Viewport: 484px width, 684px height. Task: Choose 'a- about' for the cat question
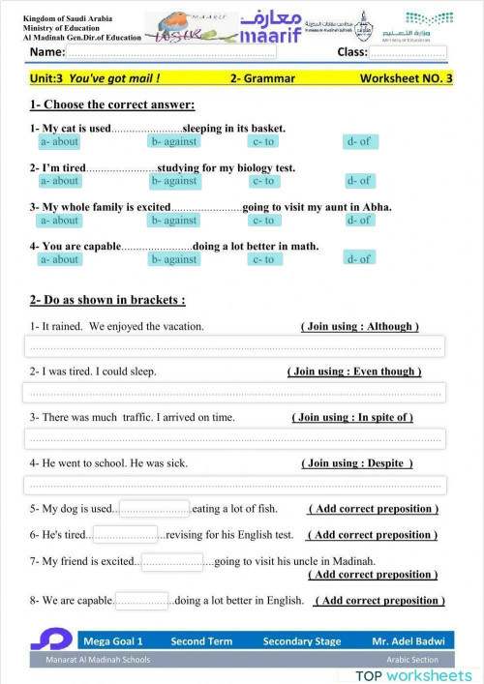tap(59, 141)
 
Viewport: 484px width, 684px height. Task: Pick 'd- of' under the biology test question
tap(359, 181)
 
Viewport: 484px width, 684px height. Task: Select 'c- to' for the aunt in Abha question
tap(263, 220)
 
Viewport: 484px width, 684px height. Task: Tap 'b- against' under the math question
tap(174, 259)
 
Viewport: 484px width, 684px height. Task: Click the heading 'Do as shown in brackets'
tap(107, 300)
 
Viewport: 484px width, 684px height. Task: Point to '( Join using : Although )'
tap(360, 327)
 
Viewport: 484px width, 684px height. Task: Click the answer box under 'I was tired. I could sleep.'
tap(233, 392)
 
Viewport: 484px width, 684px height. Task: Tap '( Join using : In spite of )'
tap(352, 417)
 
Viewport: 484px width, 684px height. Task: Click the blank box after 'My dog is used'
tap(154, 509)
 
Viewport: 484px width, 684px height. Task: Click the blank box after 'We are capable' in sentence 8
tap(141, 601)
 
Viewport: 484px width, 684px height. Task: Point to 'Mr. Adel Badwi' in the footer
tap(407, 640)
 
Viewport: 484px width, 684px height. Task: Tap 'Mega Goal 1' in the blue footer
tap(113, 640)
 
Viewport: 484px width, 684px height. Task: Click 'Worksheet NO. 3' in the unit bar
tap(406, 78)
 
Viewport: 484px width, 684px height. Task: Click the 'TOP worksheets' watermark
tap(413, 674)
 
